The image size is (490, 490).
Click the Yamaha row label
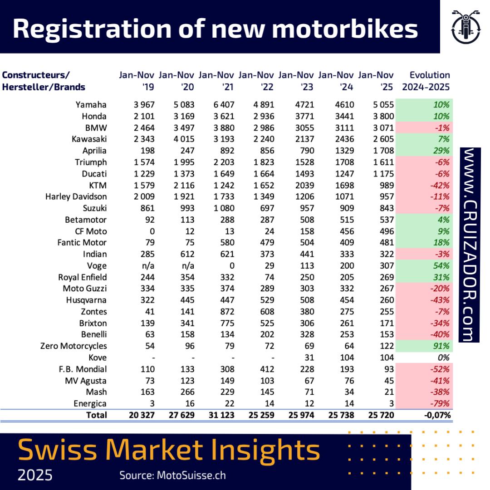[x=91, y=104]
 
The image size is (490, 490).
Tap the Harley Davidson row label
[x=76, y=196]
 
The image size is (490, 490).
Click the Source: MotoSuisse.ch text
[x=172, y=475]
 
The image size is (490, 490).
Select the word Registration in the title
[x=89, y=29]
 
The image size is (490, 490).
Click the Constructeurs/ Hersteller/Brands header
[x=44, y=81]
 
